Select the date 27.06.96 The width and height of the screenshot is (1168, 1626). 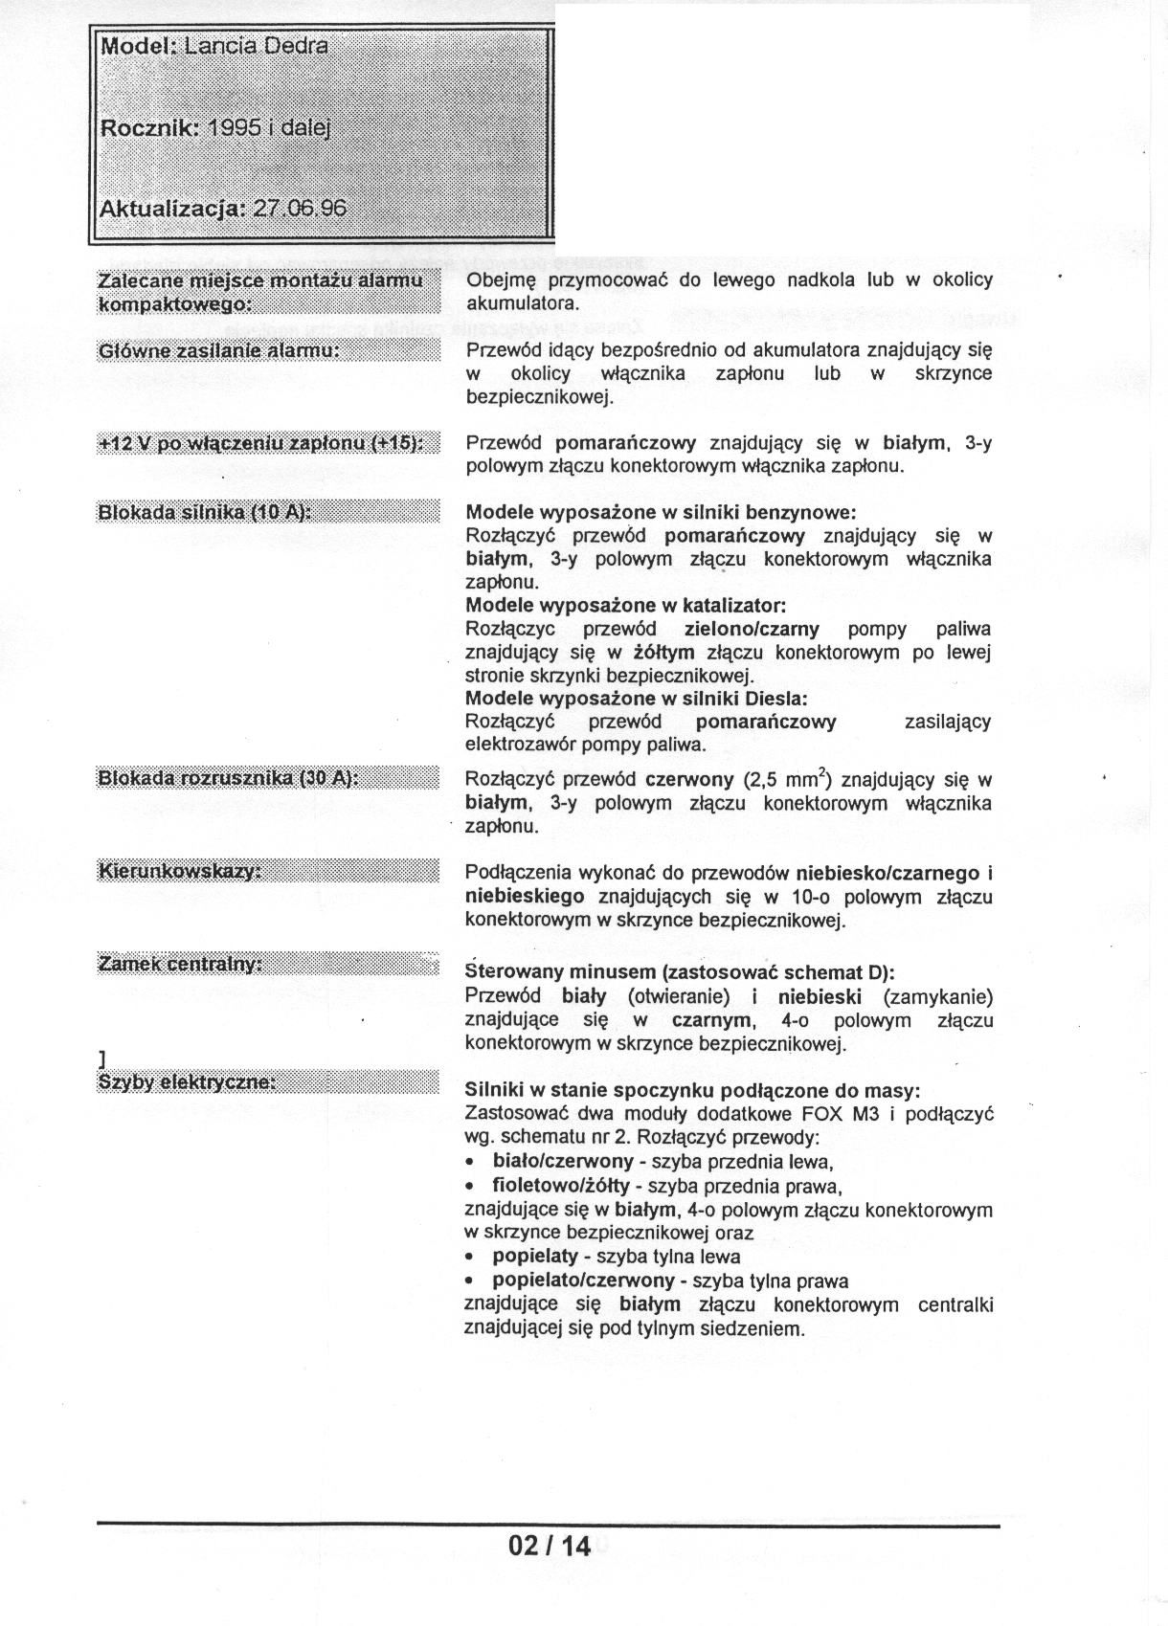pos(299,209)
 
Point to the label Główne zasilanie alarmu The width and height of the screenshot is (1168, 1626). pos(219,351)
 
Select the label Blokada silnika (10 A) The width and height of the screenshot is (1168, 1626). pos(205,512)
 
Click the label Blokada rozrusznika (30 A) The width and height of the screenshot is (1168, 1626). pos(228,778)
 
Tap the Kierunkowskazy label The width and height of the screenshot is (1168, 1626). pos(180,871)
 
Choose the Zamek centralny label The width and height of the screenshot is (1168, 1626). pos(180,964)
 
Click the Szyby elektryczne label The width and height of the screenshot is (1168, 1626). pos(187,1081)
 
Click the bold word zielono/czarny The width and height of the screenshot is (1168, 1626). pos(752,629)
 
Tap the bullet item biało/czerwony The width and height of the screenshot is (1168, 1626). pos(562,1162)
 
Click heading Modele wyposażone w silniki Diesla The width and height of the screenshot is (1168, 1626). pos(636,698)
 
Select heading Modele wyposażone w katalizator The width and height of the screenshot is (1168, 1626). pos(625,606)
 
